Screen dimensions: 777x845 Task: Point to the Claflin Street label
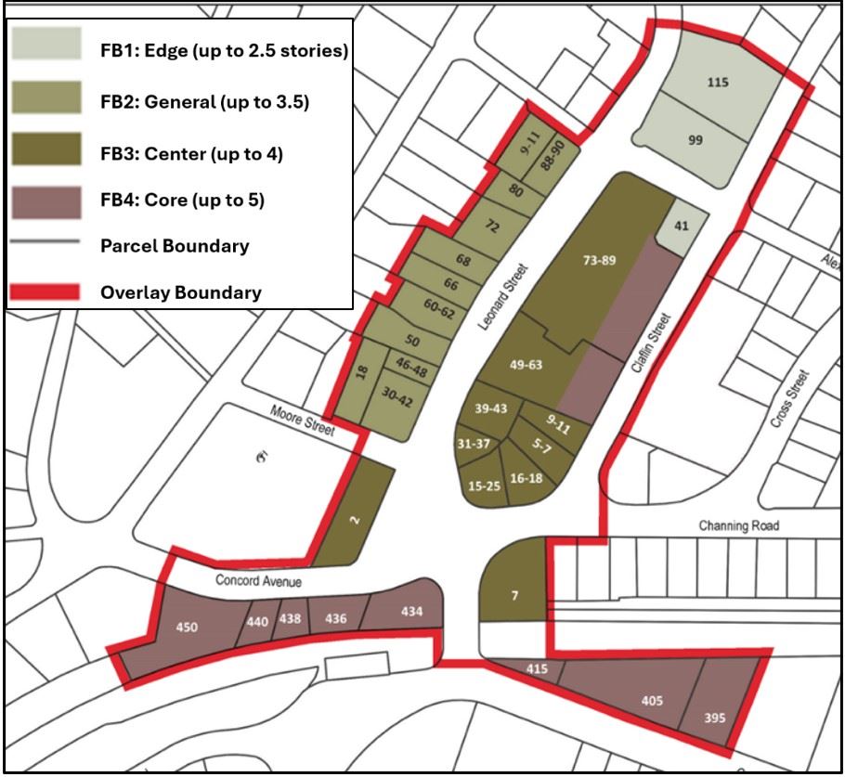pos(649,342)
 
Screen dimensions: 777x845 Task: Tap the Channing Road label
pos(738,525)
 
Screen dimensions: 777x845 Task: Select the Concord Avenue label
pos(259,581)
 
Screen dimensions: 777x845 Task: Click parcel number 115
pos(718,83)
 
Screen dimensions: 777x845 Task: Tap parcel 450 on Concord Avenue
pos(188,628)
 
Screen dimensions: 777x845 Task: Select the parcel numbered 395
pos(713,717)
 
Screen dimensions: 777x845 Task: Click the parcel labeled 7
pos(513,595)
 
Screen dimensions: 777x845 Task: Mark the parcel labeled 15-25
pos(485,485)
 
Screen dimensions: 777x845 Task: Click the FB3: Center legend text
pos(190,153)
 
